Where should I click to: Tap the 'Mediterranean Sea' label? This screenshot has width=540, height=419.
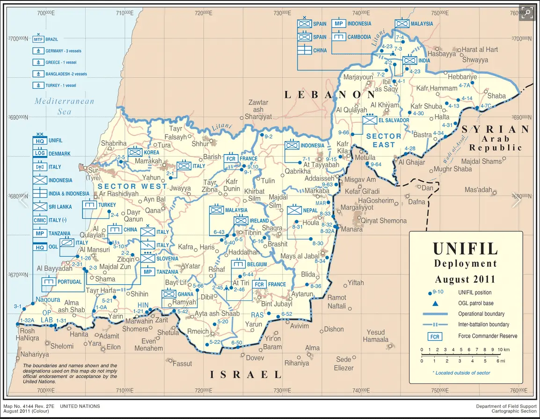coord(64,106)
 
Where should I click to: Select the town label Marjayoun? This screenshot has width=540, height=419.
coord(359,77)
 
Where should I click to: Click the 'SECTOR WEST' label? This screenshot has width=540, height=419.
coord(132,186)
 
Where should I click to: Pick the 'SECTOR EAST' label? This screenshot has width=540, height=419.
coord(384,140)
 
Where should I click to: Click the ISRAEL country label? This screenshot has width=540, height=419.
coord(246,374)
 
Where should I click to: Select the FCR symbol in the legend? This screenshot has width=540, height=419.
coord(435,336)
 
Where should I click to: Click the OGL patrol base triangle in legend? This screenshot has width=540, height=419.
coord(435,303)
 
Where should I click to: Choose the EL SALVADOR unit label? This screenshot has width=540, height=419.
coord(394,120)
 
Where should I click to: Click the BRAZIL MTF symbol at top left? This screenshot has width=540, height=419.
coord(38,40)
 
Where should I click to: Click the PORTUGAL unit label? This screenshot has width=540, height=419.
coord(69,282)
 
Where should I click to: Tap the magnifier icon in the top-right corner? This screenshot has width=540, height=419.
coord(527,13)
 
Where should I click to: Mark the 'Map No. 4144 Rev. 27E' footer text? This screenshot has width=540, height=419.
coord(28,406)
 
